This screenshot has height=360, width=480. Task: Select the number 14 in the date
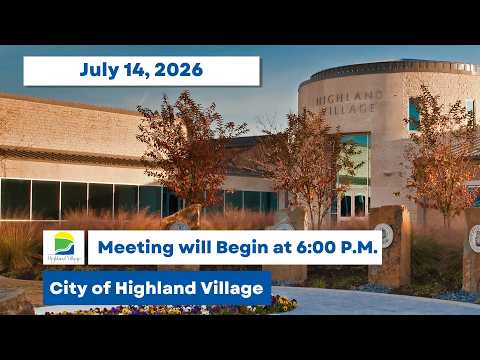136,70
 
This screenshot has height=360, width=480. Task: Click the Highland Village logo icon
64,247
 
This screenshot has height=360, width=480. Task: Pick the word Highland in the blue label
155,288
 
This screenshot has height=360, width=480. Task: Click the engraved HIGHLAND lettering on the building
349,97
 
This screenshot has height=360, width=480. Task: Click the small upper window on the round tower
415,114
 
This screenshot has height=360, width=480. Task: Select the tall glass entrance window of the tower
353,175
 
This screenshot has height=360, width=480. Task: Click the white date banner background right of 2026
231,71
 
